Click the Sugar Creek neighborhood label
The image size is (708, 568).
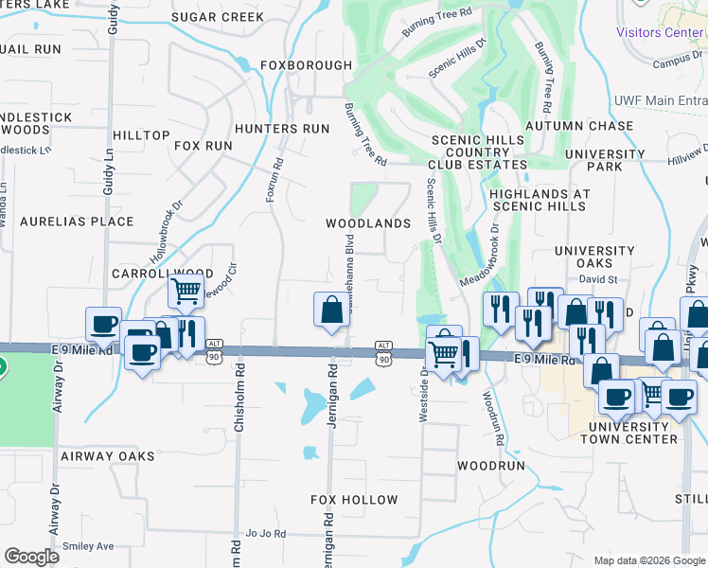coord(219,17)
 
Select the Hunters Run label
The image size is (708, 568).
coord(282,129)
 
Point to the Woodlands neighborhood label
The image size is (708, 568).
coord(368,223)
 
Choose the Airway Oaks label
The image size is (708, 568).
coord(107,456)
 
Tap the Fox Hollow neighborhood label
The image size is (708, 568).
coord(355,499)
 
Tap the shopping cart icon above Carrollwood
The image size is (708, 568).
coord(187,291)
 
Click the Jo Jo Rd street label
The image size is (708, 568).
coord(265,534)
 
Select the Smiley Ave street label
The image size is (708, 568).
coord(88,546)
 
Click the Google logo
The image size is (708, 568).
coord(32,557)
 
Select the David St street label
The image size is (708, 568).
coord(598,280)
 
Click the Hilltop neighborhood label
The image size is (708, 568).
coord(141,136)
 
